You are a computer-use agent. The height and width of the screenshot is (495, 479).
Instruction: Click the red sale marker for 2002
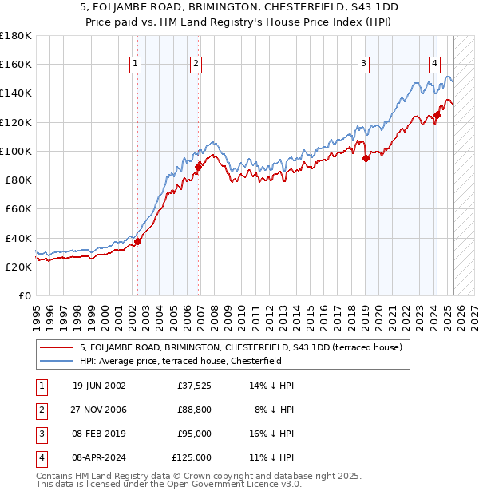tap(137, 241)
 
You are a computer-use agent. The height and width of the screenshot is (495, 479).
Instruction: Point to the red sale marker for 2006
tap(198, 166)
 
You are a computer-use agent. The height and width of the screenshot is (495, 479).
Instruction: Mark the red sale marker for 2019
tap(366, 158)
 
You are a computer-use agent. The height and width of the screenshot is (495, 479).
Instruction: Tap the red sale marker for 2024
tap(437, 115)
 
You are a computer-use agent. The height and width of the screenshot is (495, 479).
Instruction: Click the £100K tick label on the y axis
tap(16, 151)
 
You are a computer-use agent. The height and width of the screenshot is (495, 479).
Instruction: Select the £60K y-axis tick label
tap(18, 209)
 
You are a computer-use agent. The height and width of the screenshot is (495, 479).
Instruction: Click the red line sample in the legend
tap(56, 347)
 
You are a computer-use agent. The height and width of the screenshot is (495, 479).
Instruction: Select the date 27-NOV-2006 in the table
tap(99, 410)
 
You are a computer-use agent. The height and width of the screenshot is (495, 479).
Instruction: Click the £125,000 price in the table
tap(192, 459)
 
